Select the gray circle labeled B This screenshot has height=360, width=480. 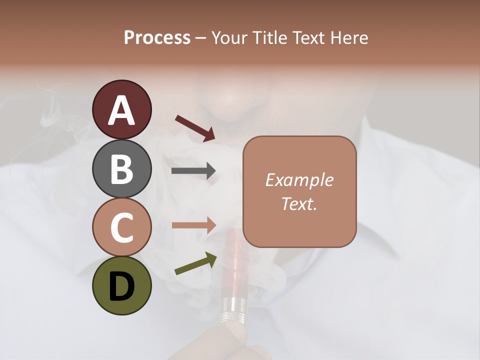tap(122, 169)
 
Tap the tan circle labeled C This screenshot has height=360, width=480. tap(122, 227)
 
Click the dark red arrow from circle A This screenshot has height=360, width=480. tap(195, 128)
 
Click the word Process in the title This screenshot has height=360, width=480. tap(157, 38)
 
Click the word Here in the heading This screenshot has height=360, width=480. tap(349, 38)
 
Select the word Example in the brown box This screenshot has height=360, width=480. tap(299, 180)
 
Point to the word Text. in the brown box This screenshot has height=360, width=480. tap(299, 203)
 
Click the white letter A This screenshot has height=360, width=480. tap(122, 110)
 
